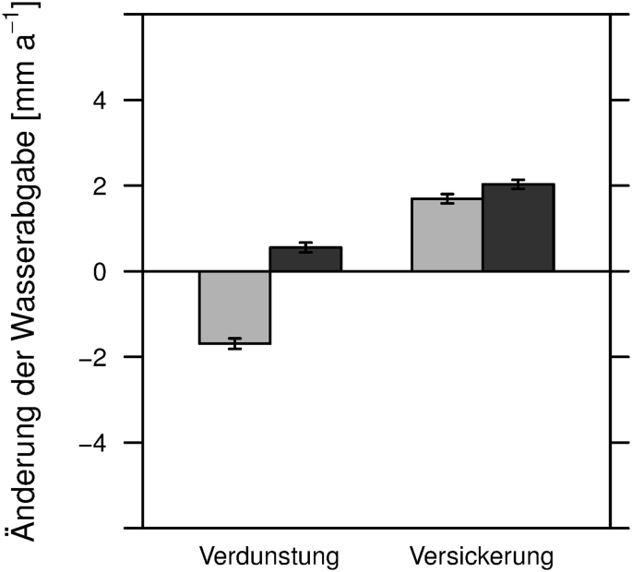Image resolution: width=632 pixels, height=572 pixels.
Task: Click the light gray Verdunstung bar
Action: click(x=234, y=307)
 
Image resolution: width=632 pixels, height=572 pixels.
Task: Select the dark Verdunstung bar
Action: click(x=305, y=259)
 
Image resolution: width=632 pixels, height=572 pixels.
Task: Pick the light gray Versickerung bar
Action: click(x=447, y=234)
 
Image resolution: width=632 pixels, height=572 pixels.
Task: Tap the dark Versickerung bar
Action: click(x=518, y=228)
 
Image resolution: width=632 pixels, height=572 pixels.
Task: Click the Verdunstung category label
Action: click(x=269, y=557)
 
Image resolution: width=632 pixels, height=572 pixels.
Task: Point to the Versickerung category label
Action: click(x=482, y=557)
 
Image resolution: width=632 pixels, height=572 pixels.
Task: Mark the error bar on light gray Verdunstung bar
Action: click(x=234, y=344)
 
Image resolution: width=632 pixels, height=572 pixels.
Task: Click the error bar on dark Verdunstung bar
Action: click(x=305, y=247)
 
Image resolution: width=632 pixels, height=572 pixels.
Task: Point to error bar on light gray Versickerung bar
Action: click(x=447, y=198)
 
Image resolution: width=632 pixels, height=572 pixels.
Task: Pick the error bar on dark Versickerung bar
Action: click(x=518, y=185)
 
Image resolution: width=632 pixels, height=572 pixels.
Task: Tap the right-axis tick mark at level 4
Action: click(x=620, y=100)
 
